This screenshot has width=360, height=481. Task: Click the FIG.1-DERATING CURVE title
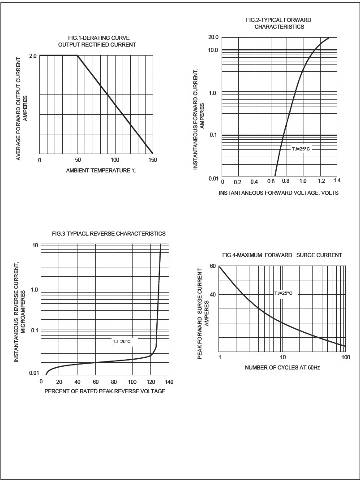(x=97, y=38)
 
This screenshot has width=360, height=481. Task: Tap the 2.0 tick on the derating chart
(x=33, y=56)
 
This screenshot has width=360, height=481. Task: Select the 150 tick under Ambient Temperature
(x=153, y=160)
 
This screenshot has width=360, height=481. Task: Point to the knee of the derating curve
(x=77, y=56)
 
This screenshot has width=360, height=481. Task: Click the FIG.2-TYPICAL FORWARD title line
(x=279, y=20)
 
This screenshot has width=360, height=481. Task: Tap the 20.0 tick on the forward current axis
(x=213, y=37)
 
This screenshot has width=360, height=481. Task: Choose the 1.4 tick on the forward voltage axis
(x=337, y=180)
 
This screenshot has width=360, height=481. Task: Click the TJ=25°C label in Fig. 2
(x=300, y=149)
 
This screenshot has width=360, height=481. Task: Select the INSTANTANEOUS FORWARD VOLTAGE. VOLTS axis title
(x=279, y=193)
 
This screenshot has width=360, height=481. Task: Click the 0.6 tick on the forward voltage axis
(x=271, y=181)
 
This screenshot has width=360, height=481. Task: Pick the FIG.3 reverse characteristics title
(x=109, y=234)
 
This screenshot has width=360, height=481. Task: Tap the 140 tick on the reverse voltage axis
(x=169, y=382)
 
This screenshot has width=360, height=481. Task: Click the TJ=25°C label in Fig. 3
(x=121, y=342)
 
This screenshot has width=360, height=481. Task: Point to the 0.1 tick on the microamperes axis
(x=34, y=331)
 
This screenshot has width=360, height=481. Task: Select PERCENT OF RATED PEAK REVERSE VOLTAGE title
(x=105, y=391)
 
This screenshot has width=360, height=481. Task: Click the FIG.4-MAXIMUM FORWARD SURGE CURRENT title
(x=282, y=255)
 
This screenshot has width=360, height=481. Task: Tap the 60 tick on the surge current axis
(x=213, y=266)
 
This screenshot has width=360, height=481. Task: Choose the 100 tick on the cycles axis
(x=345, y=357)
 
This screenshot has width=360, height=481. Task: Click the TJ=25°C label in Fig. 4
(x=283, y=293)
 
